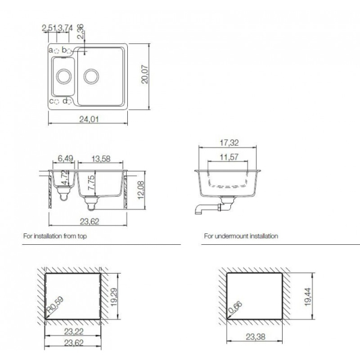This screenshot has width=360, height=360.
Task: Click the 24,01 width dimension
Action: (89, 119)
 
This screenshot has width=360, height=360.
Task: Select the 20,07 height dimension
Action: (145, 74)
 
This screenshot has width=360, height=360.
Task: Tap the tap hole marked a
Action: (57, 50)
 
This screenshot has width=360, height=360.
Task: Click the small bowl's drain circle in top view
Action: (64, 76)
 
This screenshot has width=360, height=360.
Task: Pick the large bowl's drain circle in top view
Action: (91, 76)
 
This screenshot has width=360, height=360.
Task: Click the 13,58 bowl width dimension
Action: (101, 158)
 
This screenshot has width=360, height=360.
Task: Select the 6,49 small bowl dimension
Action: (65, 158)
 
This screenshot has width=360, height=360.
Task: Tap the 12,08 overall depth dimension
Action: (140, 190)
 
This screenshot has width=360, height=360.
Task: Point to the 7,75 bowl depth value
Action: (91, 182)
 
